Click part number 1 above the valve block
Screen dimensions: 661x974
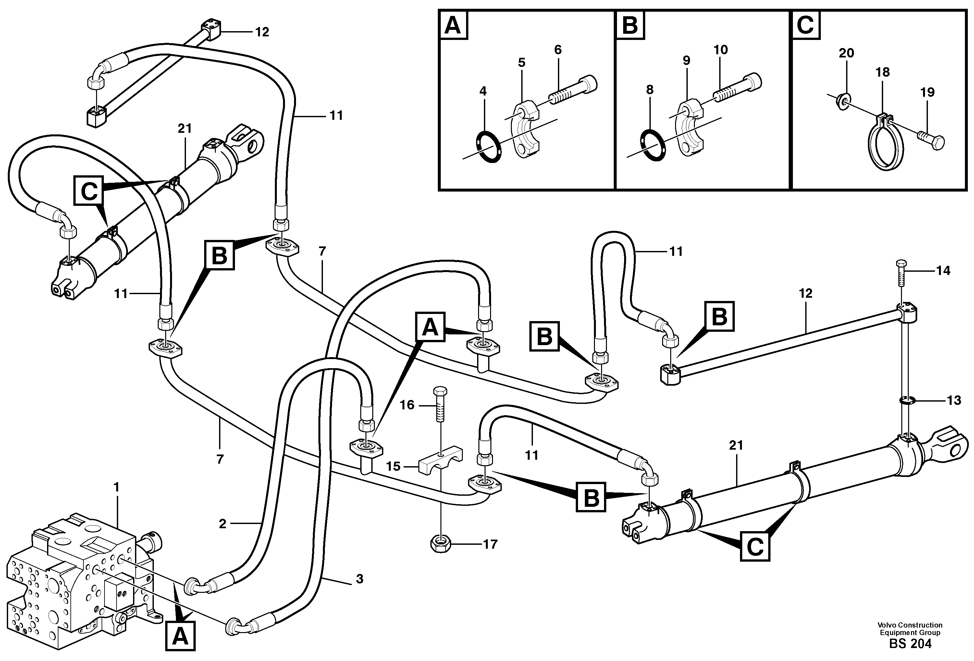coord(117,488)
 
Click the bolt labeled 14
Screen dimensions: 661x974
coord(902,272)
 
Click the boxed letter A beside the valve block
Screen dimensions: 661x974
coord(180,636)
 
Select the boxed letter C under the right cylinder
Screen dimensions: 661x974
coord(755,546)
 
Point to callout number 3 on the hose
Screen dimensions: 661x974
coord(359,579)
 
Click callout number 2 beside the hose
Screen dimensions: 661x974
coord(223,524)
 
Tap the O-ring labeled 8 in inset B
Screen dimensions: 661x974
coord(653,145)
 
